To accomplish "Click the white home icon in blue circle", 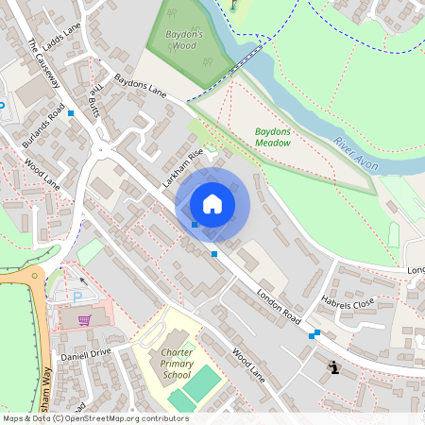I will tap(212, 204).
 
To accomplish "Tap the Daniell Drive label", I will tap(86, 352).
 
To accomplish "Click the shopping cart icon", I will tap(84, 319).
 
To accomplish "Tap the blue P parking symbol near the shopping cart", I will tap(76, 297).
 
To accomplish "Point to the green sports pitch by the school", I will tap(201, 383).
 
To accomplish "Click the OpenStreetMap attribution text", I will tap(95, 418).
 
